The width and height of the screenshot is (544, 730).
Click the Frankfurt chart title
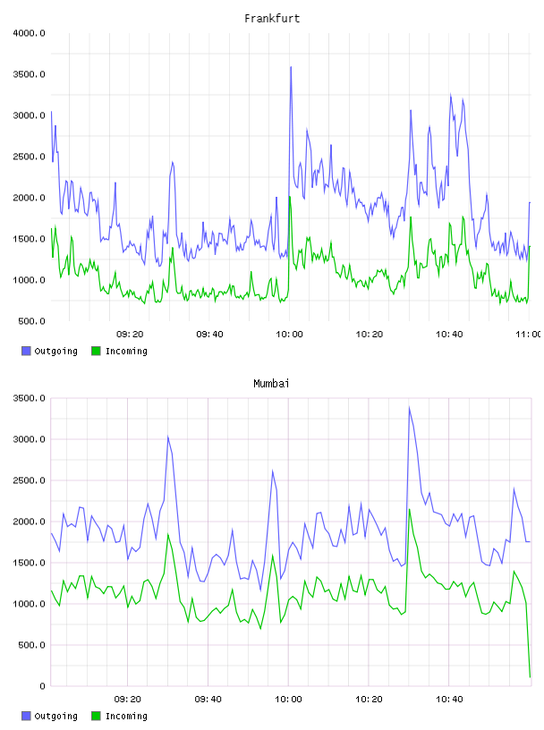(x=272, y=19)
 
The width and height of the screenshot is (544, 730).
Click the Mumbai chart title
(x=271, y=384)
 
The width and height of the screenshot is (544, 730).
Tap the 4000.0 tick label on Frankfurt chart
(x=29, y=33)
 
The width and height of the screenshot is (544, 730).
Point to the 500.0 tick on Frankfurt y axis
(x=31, y=321)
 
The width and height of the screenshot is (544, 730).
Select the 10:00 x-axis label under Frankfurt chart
(x=289, y=335)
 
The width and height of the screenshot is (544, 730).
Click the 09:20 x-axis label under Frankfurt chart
(x=130, y=335)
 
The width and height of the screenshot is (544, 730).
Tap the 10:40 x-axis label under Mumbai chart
(x=449, y=700)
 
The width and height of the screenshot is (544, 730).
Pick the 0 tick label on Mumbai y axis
(x=42, y=686)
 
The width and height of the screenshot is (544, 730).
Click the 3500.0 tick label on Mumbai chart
(x=29, y=398)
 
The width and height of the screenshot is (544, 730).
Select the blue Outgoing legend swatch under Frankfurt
(x=26, y=351)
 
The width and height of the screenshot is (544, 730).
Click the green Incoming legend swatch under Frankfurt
(x=96, y=351)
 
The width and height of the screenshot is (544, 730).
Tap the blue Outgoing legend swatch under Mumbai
(x=26, y=716)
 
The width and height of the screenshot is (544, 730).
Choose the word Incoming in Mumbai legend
(x=126, y=716)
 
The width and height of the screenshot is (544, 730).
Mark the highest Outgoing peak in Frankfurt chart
(x=291, y=67)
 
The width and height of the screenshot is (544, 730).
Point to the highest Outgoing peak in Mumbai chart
(x=410, y=408)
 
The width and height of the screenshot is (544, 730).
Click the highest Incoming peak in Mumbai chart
(x=410, y=509)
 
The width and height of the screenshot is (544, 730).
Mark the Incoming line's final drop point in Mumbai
(x=530, y=677)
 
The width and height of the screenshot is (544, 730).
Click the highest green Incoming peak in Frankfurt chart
(x=290, y=197)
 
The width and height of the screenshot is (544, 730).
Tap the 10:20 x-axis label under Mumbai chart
(x=369, y=700)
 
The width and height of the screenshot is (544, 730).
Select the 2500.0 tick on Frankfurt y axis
(x=29, y=157)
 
